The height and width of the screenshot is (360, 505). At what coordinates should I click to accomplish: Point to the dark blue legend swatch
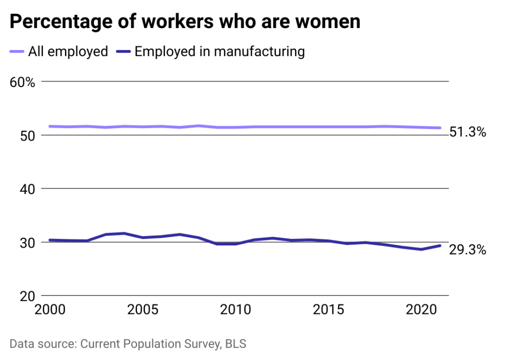click(123, 51)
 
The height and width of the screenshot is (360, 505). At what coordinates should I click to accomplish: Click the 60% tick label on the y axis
click(23, 82)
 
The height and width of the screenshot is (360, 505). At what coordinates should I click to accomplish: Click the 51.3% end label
click(468, 132)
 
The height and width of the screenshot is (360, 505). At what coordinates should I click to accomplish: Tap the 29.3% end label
click(468, 249)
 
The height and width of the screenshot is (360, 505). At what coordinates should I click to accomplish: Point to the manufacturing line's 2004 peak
click(124, 233)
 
